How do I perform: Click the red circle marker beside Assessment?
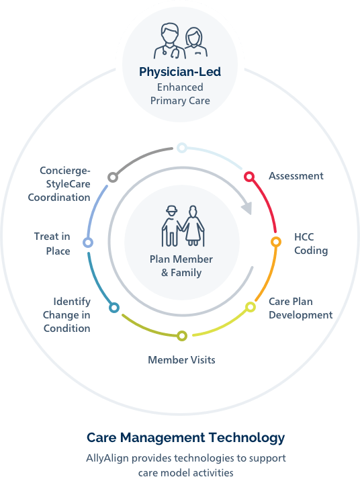(x=249, y=177)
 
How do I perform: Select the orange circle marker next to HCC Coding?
(x=276, y=242)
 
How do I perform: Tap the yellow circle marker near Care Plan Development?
(x=251, y=307)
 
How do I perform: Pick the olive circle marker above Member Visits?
(x=182, y=336)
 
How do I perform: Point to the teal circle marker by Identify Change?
(x=114, y=308)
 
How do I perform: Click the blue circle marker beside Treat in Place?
(x=88, y=243)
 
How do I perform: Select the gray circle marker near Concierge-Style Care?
(x=113, y=177)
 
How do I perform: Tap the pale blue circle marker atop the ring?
(x=181, y=148)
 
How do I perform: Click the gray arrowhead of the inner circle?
(x=247, y=208)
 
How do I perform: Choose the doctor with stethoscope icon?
(x=169, y=41)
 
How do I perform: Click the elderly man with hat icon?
(x=171, y=226)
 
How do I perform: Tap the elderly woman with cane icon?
(x=193, y=226)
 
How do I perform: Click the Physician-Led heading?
(x=180, y=72)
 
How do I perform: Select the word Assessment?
(x=296, y=176)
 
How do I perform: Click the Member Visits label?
(x=181, y=360)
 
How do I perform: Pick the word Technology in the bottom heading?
(x=247, y=438)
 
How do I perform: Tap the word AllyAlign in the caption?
(x=107, y=458)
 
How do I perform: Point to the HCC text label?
(x=304, y=237)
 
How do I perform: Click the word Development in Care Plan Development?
(x=301, y=315)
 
